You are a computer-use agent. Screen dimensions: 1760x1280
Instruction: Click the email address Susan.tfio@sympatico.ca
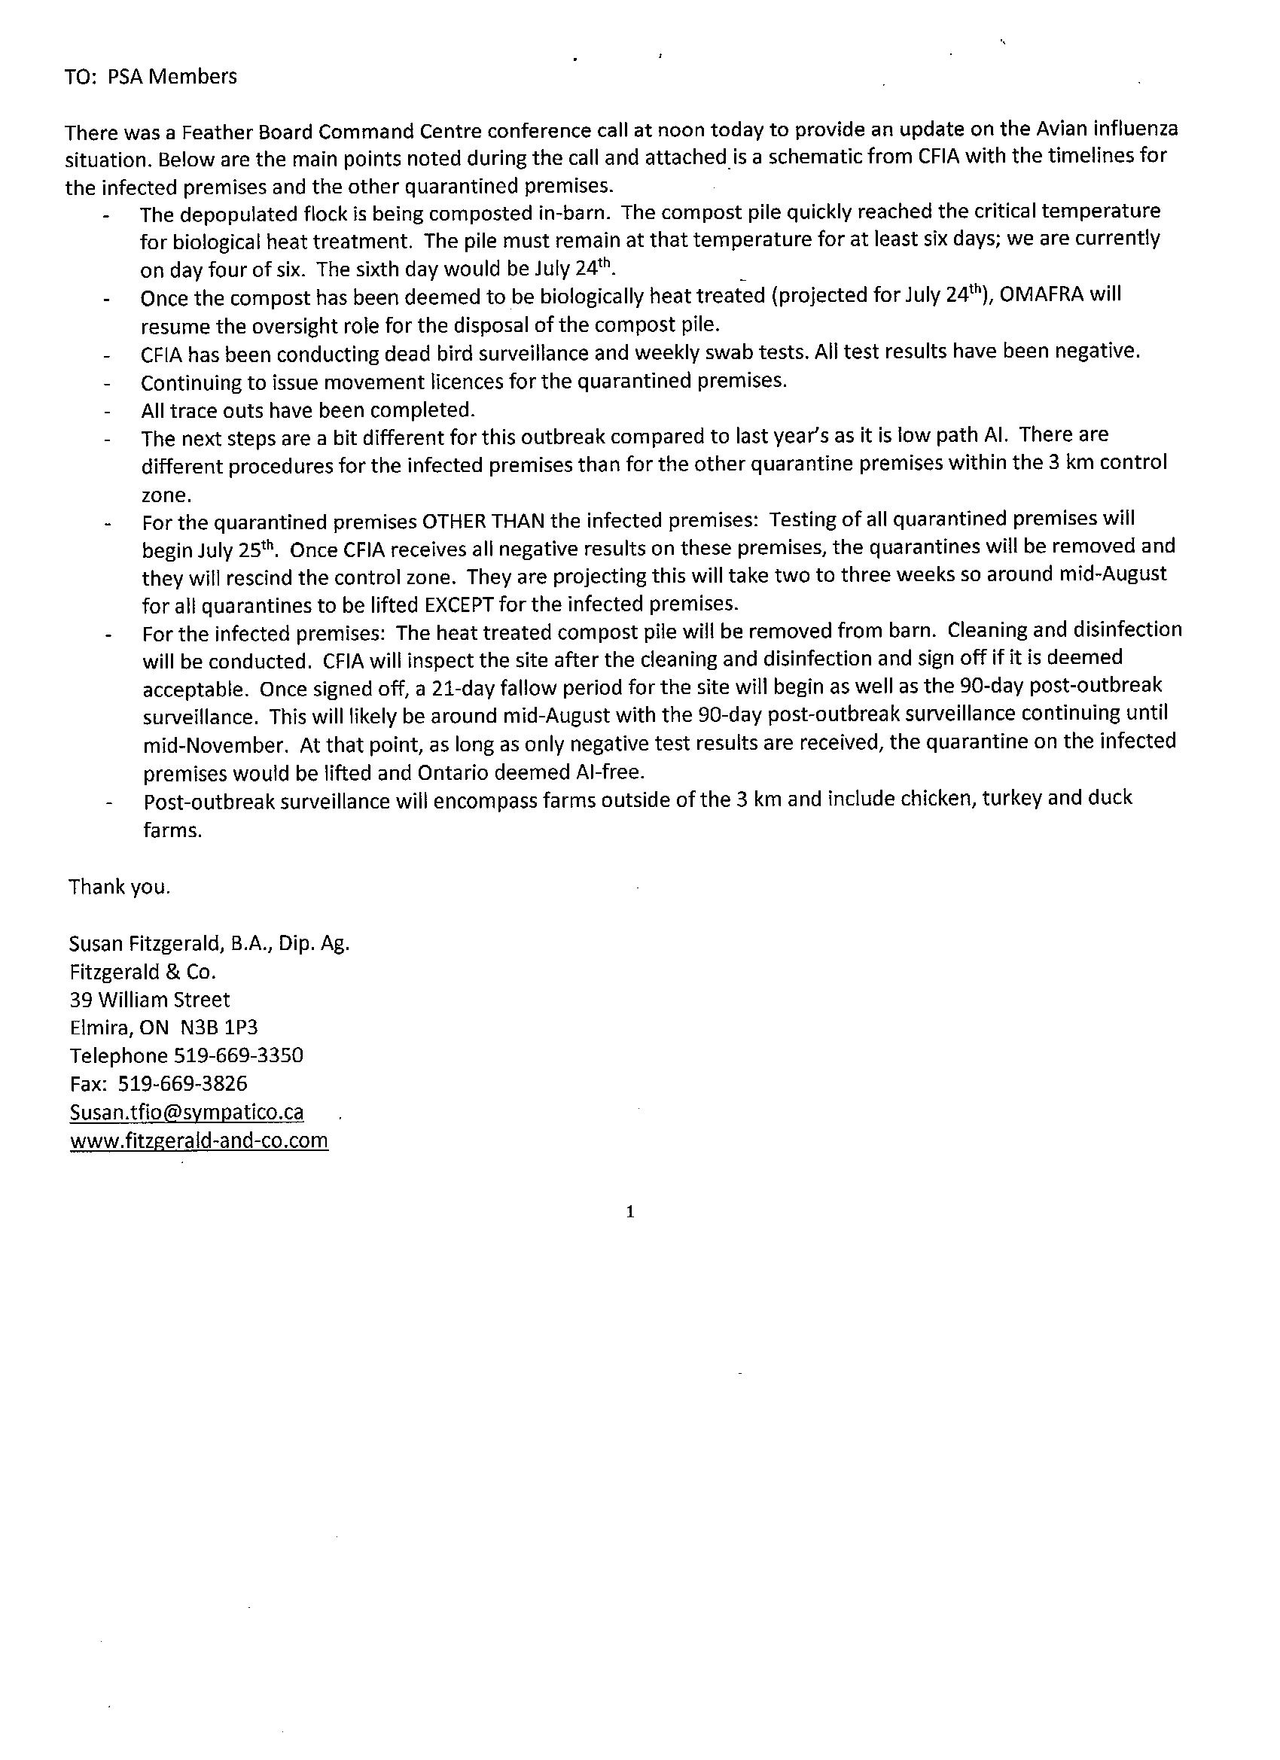(186, 1113)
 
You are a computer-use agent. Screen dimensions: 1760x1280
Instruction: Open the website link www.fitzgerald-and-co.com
(199, 1140)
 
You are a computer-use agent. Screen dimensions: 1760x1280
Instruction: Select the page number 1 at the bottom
(629, 1211)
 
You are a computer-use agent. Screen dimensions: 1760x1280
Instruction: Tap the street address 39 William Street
(150, 1000)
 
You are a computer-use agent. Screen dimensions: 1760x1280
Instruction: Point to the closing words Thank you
(119, 887)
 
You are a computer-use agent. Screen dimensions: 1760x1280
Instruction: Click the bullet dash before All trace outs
(107, 411)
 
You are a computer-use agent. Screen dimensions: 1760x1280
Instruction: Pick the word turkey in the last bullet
(1012, 799)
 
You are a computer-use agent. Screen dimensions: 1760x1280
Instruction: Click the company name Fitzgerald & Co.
(142, 973)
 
